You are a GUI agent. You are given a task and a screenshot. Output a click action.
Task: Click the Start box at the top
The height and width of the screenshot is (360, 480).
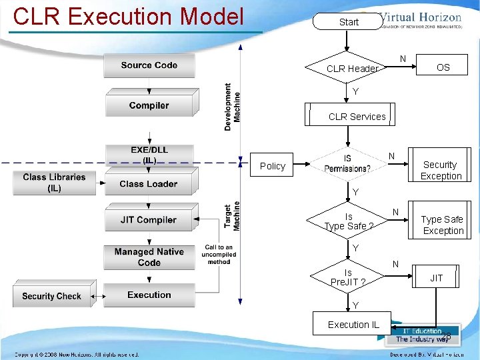(349, 22)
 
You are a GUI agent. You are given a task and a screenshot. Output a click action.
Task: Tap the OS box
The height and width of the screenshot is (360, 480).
(443, 67)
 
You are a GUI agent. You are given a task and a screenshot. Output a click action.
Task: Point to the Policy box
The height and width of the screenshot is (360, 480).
(273, 166)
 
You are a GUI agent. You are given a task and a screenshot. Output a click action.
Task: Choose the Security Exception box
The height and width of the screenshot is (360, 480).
(440, 169)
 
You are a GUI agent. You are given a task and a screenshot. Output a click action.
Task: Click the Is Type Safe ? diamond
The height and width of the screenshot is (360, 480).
(347, 221)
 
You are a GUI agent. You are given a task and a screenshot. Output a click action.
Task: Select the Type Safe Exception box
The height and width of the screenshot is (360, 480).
(441, 225)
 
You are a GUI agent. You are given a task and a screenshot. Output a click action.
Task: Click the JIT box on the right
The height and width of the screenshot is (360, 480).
(436, 277)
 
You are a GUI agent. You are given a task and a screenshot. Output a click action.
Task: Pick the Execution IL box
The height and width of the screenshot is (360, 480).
(353, 325)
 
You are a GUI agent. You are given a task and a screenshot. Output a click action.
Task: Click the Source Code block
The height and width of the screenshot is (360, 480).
(149, 65)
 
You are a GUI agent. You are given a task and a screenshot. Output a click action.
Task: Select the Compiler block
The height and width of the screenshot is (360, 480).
(149, 105)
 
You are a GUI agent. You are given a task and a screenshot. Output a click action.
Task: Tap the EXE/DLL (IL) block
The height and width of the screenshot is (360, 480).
(149, 155)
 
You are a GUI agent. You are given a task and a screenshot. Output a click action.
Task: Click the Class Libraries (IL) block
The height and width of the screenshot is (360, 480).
(54, 183)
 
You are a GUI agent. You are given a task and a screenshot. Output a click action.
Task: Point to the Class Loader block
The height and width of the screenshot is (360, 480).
(149, 183)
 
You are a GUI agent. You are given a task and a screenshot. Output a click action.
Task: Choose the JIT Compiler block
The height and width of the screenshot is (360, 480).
(149, 219)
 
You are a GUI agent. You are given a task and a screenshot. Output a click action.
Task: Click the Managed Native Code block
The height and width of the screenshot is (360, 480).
(149, 257)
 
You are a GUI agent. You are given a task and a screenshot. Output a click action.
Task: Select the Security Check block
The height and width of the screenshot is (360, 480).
(51, 296)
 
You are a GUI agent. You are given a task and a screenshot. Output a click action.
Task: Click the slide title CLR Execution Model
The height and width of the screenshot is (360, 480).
(129, 16)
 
